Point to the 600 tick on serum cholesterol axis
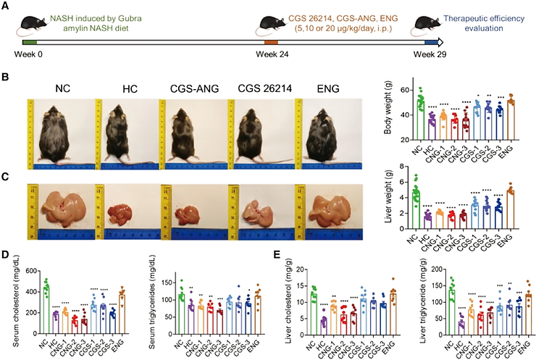(x=35, y=271)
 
